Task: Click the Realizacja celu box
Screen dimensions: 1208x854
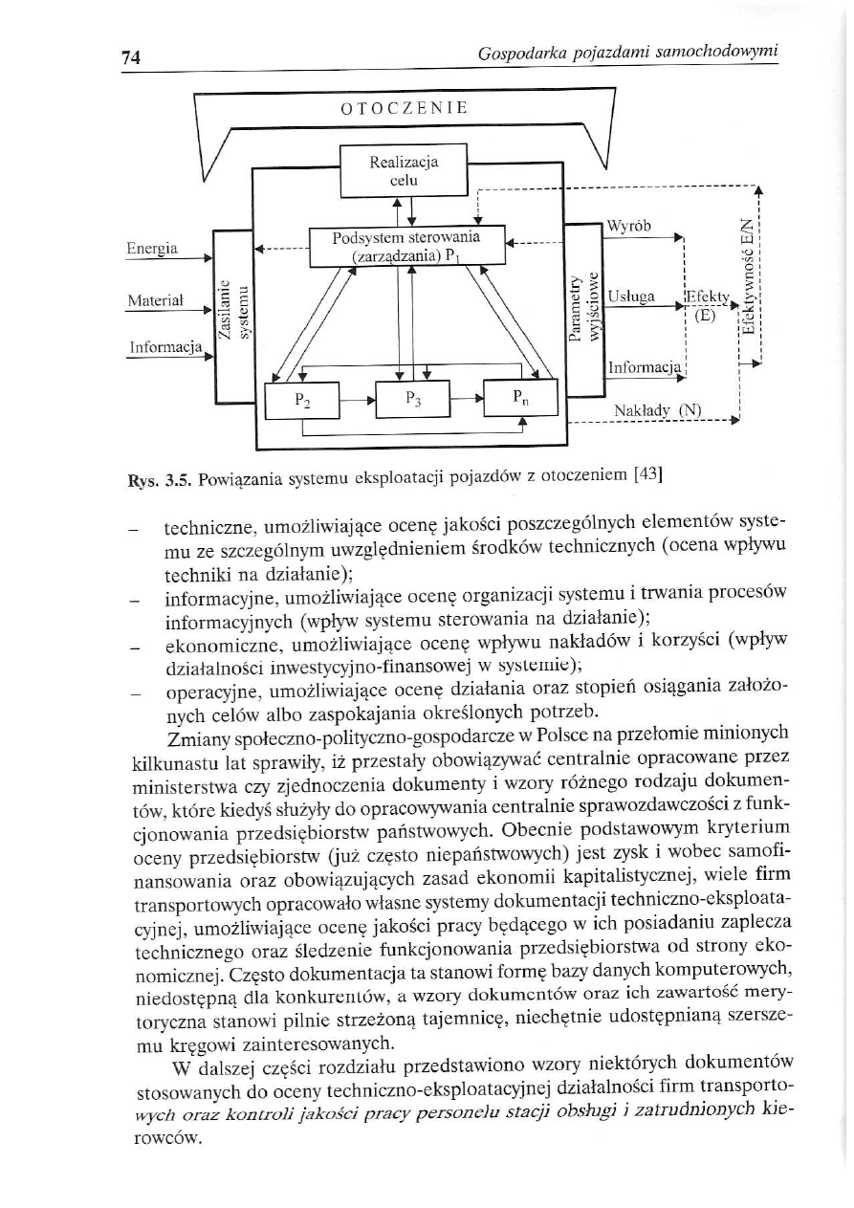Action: point(403,170)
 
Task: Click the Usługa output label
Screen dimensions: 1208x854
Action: point(631,297)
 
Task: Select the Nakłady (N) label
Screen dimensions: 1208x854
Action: point(657,411)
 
